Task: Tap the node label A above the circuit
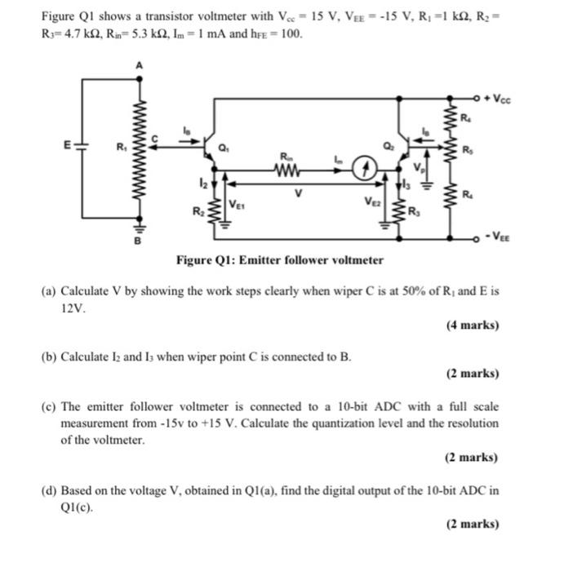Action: tap(140, 65)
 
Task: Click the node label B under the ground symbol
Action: tap(138, 242)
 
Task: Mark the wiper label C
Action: tap(158, 136)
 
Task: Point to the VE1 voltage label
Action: tap(238, 204)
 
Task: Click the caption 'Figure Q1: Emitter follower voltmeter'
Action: tap(280, 260)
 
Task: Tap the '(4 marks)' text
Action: tap(473, 325)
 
